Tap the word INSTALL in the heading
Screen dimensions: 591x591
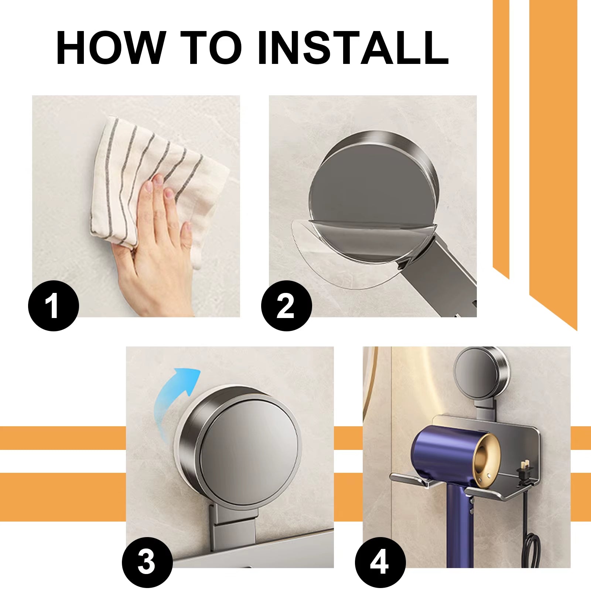point(353,48)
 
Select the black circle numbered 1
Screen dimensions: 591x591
point(54,305)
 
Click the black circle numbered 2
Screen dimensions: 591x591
point(286,305)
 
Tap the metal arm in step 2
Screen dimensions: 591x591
point(447,273)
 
